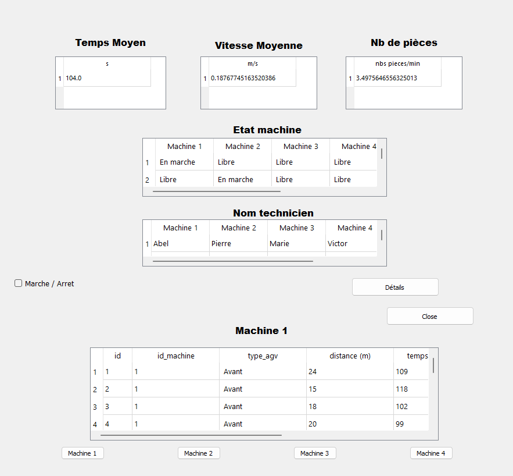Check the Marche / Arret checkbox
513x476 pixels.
coord(19,283)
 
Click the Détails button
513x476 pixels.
coord(395,287)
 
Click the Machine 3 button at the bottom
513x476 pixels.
coord(315,453)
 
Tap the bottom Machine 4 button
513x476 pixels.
coord(431,453)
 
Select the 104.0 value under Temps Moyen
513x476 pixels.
coord(74,78)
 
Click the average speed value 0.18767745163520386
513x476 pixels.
coord(243,78)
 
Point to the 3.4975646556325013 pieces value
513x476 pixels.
coord(386,78)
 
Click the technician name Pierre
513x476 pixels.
coord(221,243)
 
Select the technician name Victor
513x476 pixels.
coord(338,243)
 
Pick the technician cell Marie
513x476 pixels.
coord(279,243)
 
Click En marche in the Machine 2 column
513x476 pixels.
coord(235,180)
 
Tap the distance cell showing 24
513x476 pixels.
coord(313,371)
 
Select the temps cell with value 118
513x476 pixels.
coord(402,389)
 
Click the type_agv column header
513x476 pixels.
coord(263,356)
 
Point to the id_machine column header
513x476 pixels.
coord(175,356)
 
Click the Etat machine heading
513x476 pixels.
coord(267,130)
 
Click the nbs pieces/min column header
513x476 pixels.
coord(397,63)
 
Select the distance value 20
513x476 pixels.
coord(313,424)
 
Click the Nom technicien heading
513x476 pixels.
coord(273,213)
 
